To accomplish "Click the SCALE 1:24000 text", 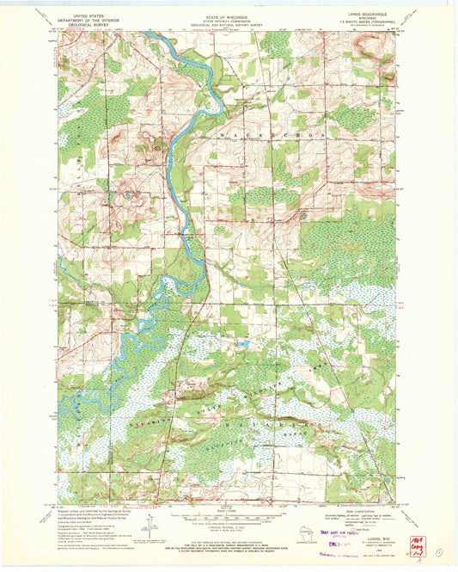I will click(228, 509).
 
